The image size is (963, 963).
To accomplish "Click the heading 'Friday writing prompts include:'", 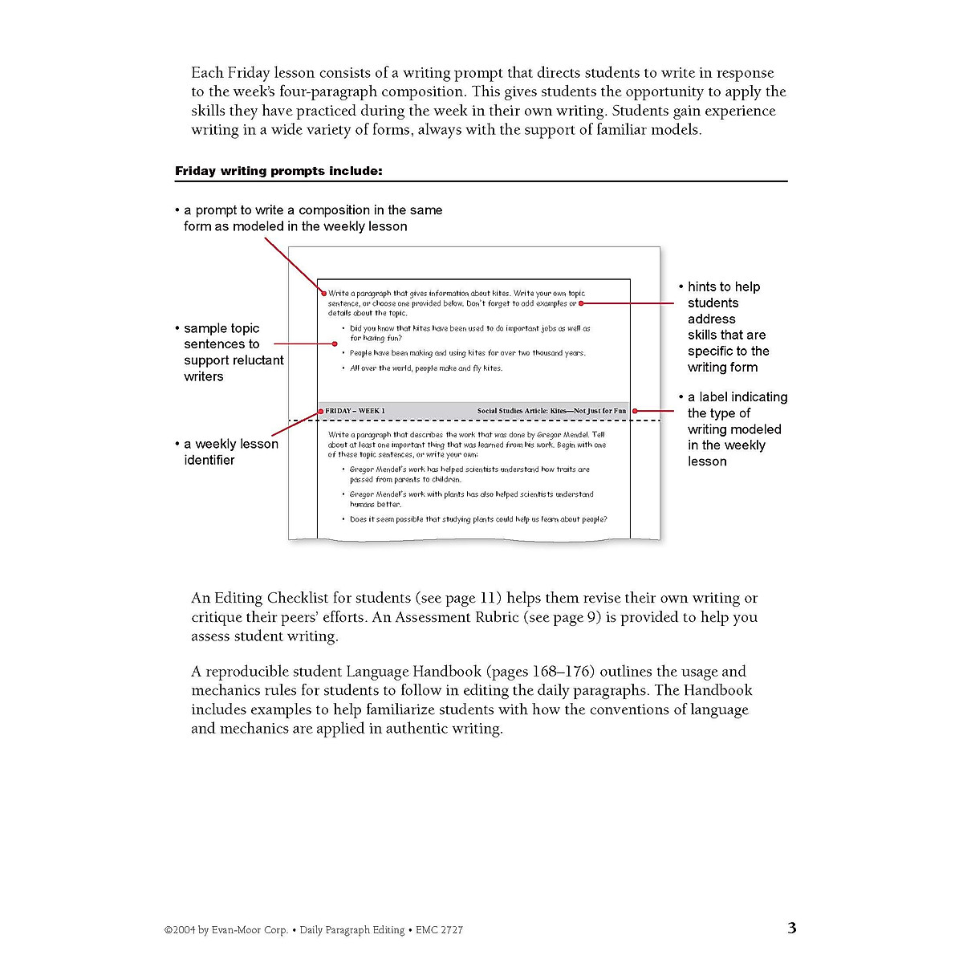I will (x=278, y=171).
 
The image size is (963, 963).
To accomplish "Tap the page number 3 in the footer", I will (x=792, y=928).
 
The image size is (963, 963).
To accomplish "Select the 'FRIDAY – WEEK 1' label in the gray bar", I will (x=355, y=411).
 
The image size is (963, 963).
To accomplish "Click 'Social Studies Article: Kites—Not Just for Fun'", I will (x=551, y=411).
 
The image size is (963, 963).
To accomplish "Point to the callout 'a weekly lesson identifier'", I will (x=230, y=452).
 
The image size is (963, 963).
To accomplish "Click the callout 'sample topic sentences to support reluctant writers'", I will (x=233, y=352).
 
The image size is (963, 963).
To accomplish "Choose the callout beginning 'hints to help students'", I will (x=727, y=327).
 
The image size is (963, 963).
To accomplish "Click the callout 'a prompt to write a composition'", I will (x=312, y=218).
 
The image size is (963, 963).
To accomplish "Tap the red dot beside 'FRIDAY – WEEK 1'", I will (x=321, y=411).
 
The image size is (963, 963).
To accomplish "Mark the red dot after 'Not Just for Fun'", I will (x=634, y=411).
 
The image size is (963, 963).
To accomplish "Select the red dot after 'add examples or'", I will (x=581, y=304).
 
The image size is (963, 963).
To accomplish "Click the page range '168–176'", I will (x=562, y=672).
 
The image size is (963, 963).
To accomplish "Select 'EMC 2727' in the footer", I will (x=439, y=930).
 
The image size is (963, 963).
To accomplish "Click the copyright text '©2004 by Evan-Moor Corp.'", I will (x=226, y=930).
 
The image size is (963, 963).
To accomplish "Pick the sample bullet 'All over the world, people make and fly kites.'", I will (x=425, y=368).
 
